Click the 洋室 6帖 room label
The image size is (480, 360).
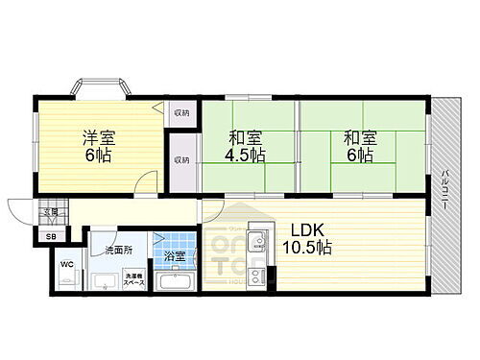[x=97, y=145]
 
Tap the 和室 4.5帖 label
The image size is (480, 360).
[x=246, y=145]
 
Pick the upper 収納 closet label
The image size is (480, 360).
[x=181, y=113]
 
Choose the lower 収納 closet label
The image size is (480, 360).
[x=181, y=159]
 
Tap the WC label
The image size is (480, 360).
[x=66, y=263]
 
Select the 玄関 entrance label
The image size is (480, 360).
[x=49, y=212]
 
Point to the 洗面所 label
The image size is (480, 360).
[x=118, y=252]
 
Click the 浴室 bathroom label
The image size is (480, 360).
[x=174, y=257]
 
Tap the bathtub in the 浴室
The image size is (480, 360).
[x=174, y=282]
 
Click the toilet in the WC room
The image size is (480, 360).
[x=68, y=279]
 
